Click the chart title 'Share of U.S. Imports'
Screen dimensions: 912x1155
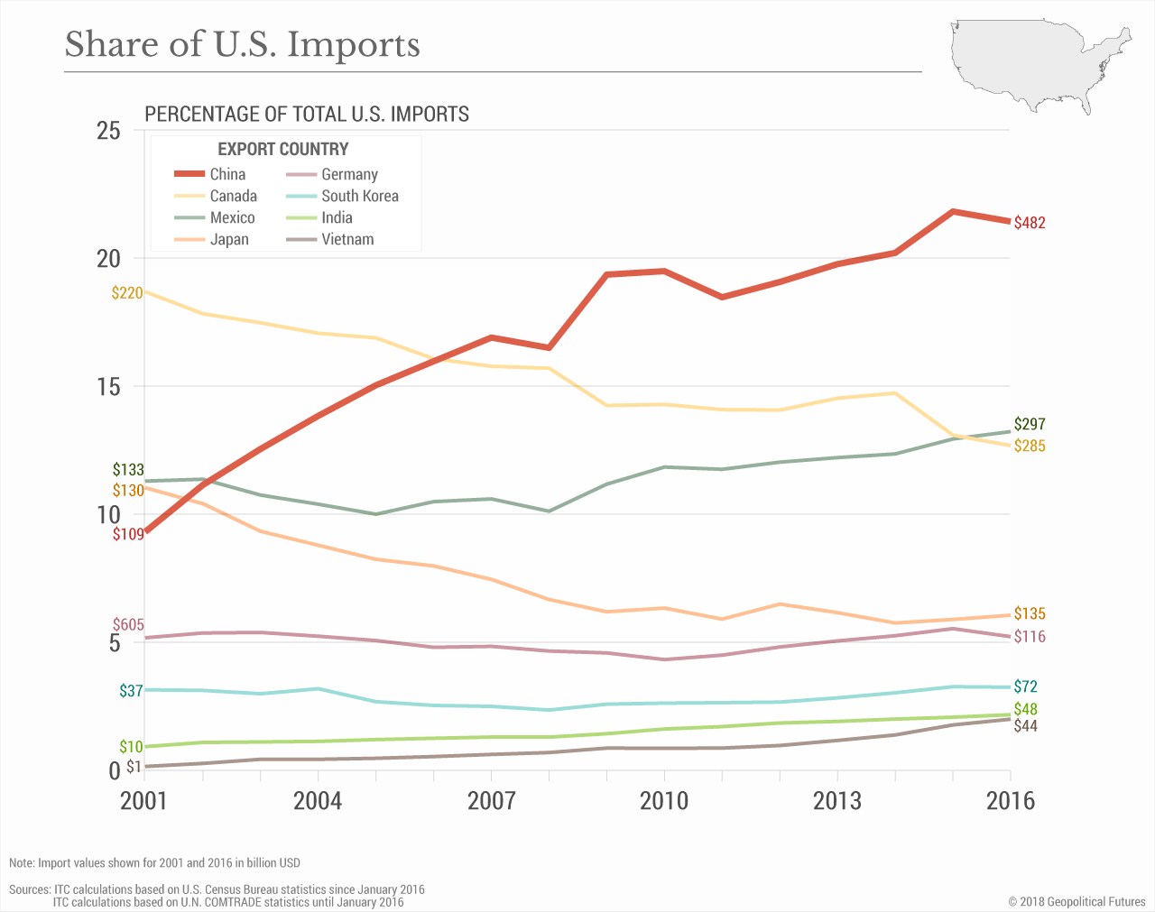242,44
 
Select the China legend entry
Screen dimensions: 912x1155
227,174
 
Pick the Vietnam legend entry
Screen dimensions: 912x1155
347,239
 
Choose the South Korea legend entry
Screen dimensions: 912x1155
359,196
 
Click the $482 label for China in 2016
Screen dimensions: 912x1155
1030,223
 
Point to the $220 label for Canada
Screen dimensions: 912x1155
127,292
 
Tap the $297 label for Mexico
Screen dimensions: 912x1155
1030,424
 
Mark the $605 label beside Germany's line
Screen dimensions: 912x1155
128,625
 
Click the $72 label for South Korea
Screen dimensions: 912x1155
1026,686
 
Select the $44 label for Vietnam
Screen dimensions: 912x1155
1026,726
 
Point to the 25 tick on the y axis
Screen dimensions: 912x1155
108,131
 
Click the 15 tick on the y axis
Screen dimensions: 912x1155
108,387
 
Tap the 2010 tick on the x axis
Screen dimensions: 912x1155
664,801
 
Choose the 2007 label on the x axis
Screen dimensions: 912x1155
491,801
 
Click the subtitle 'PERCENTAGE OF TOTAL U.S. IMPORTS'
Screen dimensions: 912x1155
307,115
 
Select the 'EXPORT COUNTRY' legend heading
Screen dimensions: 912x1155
282,149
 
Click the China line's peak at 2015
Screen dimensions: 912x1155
953,211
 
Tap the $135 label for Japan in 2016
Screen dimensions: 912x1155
1030,614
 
